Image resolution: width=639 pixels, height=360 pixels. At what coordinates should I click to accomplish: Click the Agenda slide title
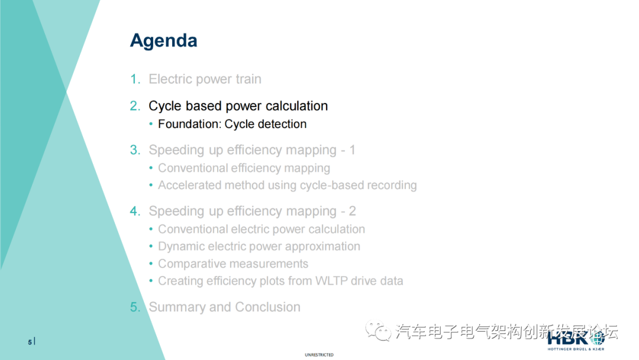pos(163,41)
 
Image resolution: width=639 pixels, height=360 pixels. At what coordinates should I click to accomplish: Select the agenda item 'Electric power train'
pos(205,79)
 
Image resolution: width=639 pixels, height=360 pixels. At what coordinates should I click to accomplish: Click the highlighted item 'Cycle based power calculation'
pos(238,106)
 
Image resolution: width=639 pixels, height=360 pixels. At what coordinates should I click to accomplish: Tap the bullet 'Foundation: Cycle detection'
pos(232,124)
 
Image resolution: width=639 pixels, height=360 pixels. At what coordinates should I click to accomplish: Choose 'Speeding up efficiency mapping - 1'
pos(251,150)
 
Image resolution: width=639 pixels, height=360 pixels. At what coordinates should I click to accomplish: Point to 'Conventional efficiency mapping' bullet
pos(244,168)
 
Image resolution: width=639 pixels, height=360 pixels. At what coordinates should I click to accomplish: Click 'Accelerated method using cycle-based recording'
pos(287,185)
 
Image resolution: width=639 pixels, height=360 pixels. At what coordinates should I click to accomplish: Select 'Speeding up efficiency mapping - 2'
pos(252,211)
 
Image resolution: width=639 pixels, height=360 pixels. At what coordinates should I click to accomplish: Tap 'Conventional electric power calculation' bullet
pos(261,229)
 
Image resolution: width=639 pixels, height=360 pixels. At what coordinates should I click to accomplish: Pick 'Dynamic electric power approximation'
pos(259,246)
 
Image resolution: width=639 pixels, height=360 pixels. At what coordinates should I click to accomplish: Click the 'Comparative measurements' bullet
pos(233,264)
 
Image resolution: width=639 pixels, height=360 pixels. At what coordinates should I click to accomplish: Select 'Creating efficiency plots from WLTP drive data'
pos(280,281)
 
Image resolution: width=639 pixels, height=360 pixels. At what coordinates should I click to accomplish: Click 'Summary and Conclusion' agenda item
pos(224,307)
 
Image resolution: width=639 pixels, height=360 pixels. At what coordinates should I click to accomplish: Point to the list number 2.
pos(135,106)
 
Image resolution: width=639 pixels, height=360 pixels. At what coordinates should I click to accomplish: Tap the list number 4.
pos(135,211)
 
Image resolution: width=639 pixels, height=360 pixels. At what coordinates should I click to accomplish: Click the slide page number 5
pos(30,342)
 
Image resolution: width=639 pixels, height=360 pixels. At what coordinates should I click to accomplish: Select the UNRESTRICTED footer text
pos(319,355)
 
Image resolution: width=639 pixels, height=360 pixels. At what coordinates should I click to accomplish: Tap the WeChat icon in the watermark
pos(378,330)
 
